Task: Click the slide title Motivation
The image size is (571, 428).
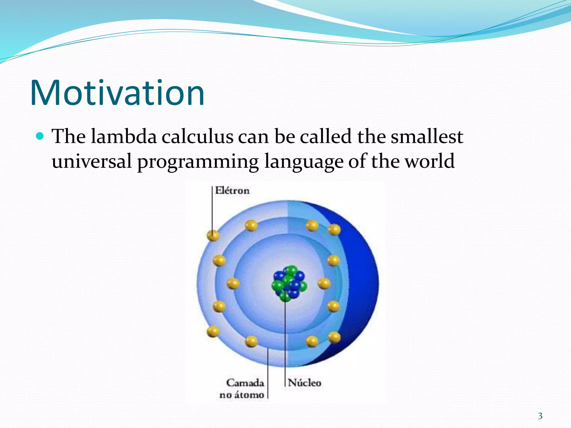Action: [117, 93]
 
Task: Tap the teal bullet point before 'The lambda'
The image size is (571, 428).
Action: [40, 136]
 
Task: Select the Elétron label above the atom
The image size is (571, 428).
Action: [232, 191]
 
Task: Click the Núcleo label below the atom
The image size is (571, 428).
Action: [304, 383]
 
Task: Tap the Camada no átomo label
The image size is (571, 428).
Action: [242, 389]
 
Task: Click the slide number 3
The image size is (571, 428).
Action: [540, 416]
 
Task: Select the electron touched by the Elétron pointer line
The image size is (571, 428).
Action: [213, 235]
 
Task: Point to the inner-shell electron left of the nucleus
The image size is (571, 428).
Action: [233, 284]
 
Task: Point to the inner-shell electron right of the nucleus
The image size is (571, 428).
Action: [324, 284]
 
